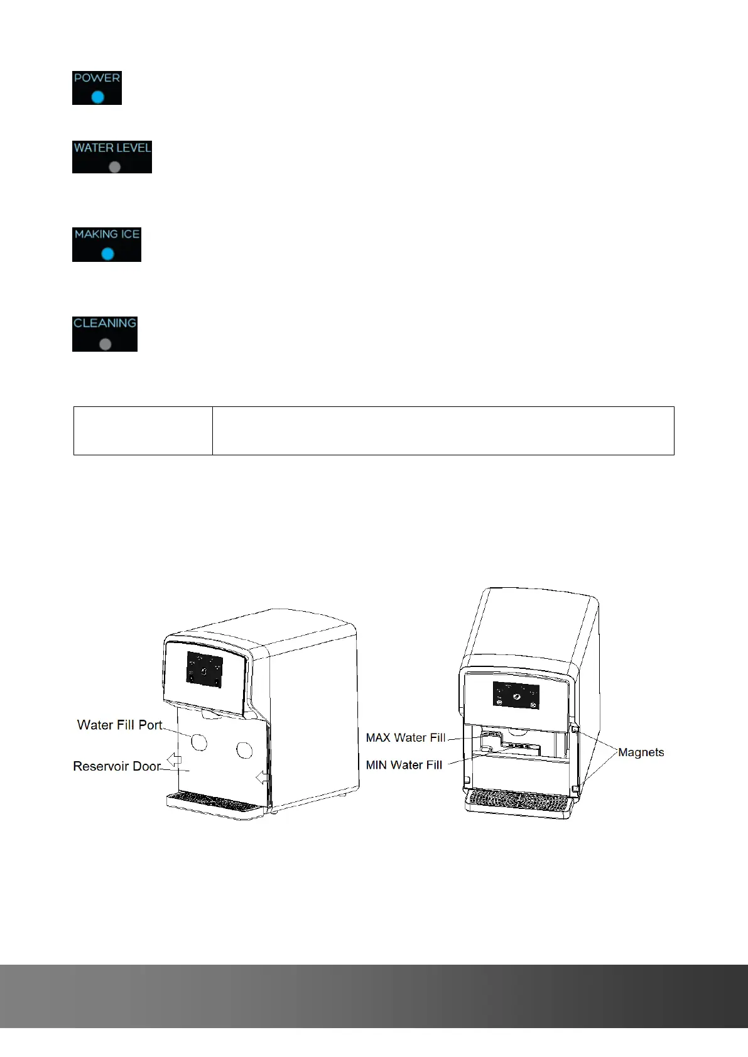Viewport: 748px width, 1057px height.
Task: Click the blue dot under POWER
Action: tap(97, 97)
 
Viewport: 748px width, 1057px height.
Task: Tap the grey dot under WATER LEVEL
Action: tap(114, 167)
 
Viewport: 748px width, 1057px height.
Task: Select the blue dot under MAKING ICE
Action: tap(107, 254)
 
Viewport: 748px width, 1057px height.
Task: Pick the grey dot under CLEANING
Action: tap(106, 344)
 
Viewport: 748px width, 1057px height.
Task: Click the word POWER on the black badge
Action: tap(97, 78)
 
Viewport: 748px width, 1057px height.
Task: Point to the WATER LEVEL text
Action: tap(112, 148)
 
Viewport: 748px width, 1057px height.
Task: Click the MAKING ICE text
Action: tap(107, 234)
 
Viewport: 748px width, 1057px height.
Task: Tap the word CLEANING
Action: tap(105, 323)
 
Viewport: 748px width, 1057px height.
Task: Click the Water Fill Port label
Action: tap(119, 725)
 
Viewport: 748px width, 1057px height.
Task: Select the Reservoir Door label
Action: tap(117, 766)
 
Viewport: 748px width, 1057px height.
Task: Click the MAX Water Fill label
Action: tap(406, 738)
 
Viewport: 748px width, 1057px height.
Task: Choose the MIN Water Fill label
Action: tap(404, 765)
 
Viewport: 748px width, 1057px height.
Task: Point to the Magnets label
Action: tap(641, 752)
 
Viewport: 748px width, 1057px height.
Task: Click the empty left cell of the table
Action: tap(143, 430)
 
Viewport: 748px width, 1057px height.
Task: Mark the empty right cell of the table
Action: tap(443, 430)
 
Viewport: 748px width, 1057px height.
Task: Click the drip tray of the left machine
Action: tap(214, 804)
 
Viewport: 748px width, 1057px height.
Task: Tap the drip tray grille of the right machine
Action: tap(519, 800)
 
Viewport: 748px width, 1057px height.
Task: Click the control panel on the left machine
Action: tap(205, 669)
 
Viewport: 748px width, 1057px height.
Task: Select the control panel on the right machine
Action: tap(516, 695)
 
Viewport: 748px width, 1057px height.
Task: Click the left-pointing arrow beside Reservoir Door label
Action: tap(174, 760)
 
